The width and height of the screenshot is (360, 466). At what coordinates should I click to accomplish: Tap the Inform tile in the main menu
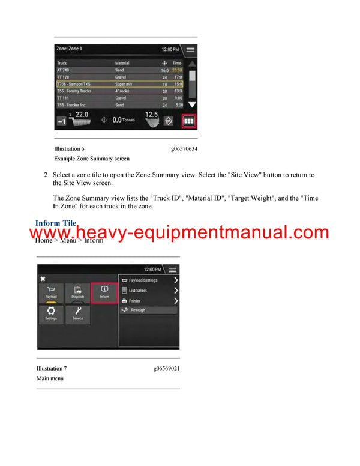pos(104,292)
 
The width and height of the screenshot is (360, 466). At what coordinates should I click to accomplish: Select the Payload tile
pos(52,292)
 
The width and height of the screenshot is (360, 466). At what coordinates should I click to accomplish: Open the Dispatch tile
pos(78,292)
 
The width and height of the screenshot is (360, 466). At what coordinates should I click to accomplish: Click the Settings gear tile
pos(52,314)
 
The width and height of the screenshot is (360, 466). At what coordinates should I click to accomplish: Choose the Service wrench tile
pos(78,314)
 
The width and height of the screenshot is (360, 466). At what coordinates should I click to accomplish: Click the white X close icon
pos(43,279)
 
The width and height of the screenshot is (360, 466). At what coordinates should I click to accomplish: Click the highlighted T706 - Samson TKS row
pos(120,84)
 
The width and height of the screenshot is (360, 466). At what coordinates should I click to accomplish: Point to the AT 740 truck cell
pos(64,70)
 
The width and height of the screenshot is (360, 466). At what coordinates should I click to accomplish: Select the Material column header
pos(122,63)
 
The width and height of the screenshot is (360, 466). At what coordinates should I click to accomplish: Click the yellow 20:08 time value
pos(177,70)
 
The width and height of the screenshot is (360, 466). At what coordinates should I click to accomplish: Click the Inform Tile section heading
pos(56,223)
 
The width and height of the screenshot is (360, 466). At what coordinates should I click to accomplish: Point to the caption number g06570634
pos(184,148)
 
